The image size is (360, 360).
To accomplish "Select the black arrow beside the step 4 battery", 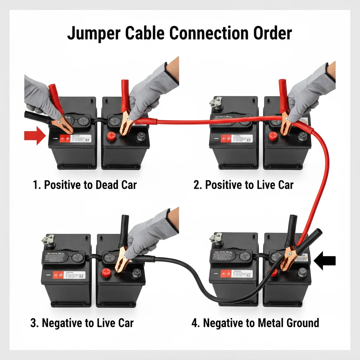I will click(x=324, y=261).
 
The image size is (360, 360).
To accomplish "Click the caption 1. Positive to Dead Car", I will click(x=85, y=185).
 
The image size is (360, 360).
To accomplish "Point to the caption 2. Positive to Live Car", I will click(x=243, y=185).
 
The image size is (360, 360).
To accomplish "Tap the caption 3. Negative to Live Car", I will click(x=82, y=323).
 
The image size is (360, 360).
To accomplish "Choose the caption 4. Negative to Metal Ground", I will click(x=255, y=323).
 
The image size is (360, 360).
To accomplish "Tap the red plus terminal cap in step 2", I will click(x=273, y=137).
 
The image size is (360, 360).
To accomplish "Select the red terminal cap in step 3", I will click(x=106, y=273).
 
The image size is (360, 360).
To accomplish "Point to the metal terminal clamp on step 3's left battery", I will click(x=47, y=240).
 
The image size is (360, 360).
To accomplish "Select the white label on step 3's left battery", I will click(x=69, y=275).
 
